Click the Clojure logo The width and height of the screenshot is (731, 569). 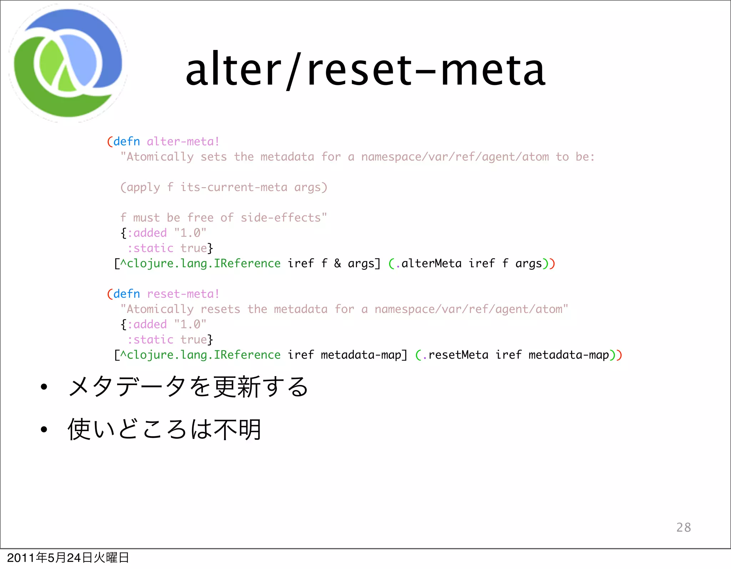point(68,63)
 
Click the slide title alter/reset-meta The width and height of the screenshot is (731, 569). point(365,70)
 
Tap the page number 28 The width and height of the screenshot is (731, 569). point(684,527)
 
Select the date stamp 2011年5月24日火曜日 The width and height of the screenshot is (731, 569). point(68,558)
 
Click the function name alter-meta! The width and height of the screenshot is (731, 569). point(183,141)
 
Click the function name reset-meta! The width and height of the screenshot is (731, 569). point(183,294)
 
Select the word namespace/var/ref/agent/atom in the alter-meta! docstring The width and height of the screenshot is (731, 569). point(455,157)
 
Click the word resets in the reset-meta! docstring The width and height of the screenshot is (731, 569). point(220,309)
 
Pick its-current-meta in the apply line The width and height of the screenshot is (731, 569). point(233,187)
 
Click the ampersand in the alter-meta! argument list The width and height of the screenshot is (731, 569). point(337,264)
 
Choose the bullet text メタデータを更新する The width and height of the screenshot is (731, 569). point(188,386)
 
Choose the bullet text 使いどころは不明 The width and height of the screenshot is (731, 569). point(165,429)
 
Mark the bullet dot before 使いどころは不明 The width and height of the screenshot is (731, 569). point(44,429)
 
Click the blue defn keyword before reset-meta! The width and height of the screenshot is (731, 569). point(127,294)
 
